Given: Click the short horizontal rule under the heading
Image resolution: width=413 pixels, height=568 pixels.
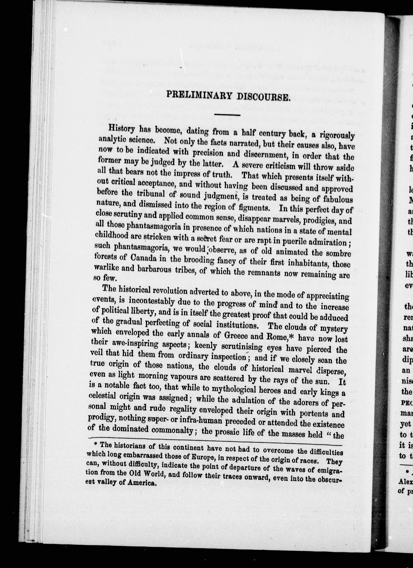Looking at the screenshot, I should pos(227,115).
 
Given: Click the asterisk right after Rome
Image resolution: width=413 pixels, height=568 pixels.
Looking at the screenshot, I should pos(291,337).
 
